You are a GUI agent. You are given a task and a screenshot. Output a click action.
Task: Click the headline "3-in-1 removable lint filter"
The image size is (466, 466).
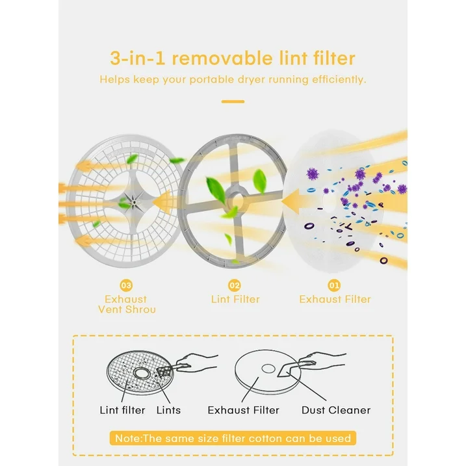[x=233, y=58]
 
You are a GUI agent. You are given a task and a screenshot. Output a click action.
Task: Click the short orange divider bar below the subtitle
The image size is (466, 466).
[x=233, y=101]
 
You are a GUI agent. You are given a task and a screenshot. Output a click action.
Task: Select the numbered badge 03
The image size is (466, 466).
[x=126, y=285]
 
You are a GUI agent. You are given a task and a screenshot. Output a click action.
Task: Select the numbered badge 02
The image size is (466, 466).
[x=235, y=285]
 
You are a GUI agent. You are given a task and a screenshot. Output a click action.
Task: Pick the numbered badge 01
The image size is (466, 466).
[x=334, y=285]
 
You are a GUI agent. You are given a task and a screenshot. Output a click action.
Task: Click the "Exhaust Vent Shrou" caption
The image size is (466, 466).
[x=127, y=304]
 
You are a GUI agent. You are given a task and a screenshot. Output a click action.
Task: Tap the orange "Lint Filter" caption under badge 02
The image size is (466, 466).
[x=235, y=299]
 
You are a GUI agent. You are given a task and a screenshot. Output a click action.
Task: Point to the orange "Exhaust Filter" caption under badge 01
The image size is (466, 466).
[x=335, y=299]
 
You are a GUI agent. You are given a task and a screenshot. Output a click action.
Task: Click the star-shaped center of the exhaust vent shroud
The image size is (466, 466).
[x=135, y=202]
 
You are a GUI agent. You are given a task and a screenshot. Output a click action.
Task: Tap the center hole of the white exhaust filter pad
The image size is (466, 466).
[x=330, y=203]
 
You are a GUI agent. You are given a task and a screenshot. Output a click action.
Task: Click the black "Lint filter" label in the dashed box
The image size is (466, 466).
[x=122, y=410]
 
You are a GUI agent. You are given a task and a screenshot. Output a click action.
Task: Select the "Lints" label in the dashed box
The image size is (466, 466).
[x=168, y=410]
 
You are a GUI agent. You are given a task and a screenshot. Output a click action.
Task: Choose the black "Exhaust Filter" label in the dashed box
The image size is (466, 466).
[x=244, y=410]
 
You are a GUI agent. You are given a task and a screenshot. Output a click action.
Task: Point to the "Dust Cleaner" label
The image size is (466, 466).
[x=336, y=410]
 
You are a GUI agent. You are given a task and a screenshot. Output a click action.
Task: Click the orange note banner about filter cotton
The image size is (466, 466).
[x=233, y=438]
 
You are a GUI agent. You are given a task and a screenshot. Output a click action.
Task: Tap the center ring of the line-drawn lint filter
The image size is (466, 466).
[x=140, y=372]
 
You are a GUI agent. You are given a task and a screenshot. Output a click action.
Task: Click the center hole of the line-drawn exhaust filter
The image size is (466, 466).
[x=268, y=369]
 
